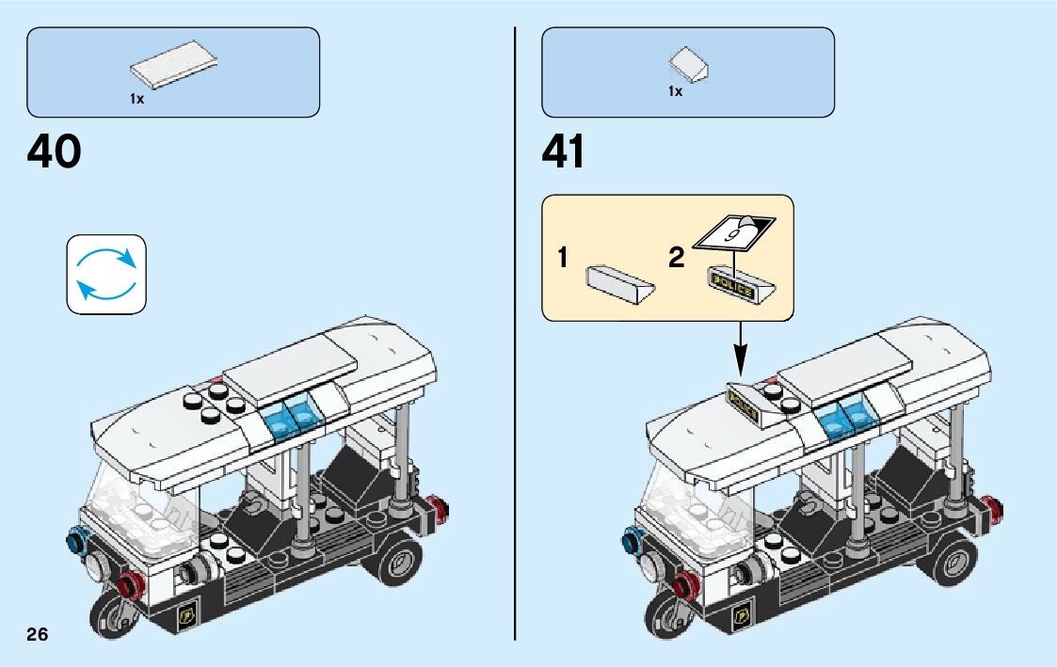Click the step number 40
[55, 152]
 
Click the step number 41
[563, 152]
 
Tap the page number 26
[38, 633]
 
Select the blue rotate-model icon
[106, 274]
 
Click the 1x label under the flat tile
[137, 98]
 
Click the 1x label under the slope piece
[674, 91]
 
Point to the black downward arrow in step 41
[740, 348]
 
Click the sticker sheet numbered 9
[735, 230]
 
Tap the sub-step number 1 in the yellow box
[562, 258]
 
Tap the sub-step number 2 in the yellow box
[676, 258]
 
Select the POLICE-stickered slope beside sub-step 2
[743, 288]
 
